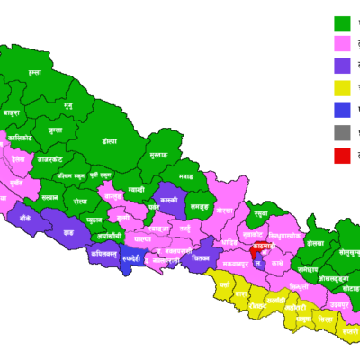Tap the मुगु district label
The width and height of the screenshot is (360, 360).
pyautogui.click(x=68, y=105)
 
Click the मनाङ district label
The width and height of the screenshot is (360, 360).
pyautogui.click(x=186, y=175)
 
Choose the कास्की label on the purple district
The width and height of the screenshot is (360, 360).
pyautogui.click(x=167, y=199)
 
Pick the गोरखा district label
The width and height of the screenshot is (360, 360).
pyautogui.click(x=224, y=209)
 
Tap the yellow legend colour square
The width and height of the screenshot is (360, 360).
pyautogui.click(x=342, y=88)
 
